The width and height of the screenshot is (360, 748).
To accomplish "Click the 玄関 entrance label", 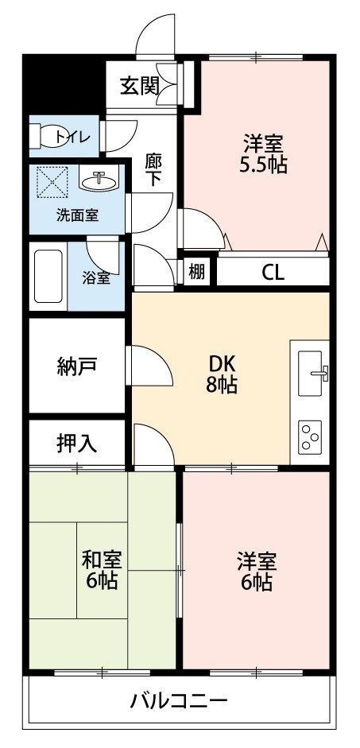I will pyautogui.click(x=139, y=86).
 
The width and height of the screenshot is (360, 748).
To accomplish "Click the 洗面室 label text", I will pyautogui.click(x=77, y=215).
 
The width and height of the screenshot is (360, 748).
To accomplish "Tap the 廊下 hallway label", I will pyautogui.click(x=153, y=169).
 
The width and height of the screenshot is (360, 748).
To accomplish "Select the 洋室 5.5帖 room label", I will pyautogui.click(x=265, y=154).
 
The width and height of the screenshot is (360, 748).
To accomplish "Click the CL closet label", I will pyautogui.click(x=273, y=273).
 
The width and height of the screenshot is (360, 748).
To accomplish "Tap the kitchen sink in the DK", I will pyautogui.click(x=314, y=370).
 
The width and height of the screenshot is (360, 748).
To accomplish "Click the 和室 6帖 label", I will pyautogui.click(x=100, y=570).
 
